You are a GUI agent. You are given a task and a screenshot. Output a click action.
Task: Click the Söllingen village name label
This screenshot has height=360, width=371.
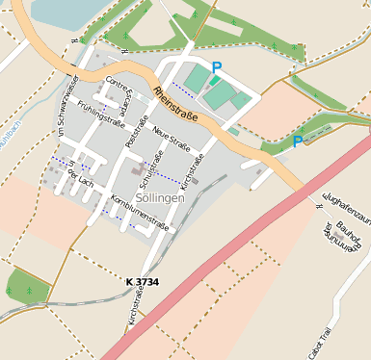click(160, 196)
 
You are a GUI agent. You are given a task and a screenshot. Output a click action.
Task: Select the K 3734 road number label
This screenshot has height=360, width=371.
click(142, 281)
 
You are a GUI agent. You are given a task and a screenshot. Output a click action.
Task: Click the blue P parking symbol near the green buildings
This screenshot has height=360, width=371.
click(217, 67)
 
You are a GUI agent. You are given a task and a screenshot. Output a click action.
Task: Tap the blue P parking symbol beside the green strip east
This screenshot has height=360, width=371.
click(298, 141)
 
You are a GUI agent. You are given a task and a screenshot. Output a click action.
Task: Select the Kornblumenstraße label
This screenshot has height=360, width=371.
click(140, 213)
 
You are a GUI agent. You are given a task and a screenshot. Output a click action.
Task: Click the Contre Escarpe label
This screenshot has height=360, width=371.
click(121, 91)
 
